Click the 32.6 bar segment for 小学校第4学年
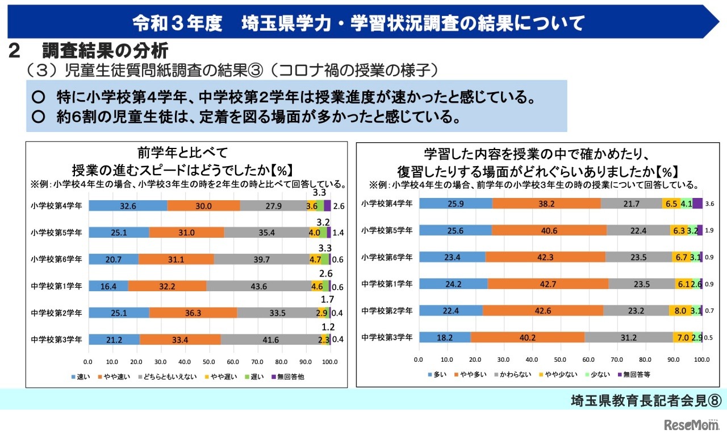(128, 206)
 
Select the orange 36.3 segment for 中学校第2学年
(193, 313)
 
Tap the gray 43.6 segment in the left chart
(258, 286)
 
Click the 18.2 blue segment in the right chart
(445, 337)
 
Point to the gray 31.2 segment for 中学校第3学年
(628, 337)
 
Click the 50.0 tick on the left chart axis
(209, 361)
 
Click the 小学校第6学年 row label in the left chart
(57, 259)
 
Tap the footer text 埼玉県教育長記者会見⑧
(645, 400)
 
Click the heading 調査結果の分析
(105, 52)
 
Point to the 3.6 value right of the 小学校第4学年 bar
(709, 204)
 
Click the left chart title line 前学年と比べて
(182, 152)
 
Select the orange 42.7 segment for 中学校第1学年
(548, 283)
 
